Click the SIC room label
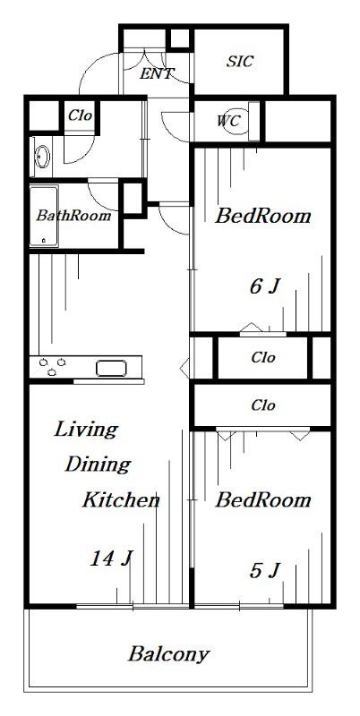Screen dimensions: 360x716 pos(240,61)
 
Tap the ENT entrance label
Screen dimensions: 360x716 pos(157,73)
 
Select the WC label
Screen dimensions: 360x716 pos(228,121)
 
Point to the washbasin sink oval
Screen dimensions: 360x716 pos(43,157)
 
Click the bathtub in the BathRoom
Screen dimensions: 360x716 pos(44,216)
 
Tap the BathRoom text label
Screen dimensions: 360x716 pos(73,215)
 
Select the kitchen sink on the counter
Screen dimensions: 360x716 pos(111,368)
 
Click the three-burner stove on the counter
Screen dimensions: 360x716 pos(52,367)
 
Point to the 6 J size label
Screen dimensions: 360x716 pos(264,286)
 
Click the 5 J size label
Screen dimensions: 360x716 pos(264,570)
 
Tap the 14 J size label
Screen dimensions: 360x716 pos(111,558)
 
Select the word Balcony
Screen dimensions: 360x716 pos(168,654)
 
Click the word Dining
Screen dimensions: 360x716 pos(98,465)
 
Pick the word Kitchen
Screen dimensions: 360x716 pos(121,500)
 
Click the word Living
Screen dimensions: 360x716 pos(86,430)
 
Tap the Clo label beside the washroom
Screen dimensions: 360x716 pos(81,115)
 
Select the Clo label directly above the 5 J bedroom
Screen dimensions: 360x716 pos(263,405)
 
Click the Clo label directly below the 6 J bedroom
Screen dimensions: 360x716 pos(263,357)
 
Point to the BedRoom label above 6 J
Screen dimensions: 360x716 pos(262,216)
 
